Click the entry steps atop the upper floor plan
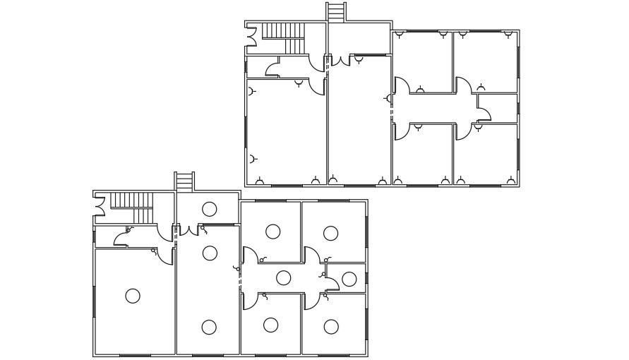(336, 12)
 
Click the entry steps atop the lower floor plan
(184, 181)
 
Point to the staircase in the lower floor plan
(132, 206)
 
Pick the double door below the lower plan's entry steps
(188, 229)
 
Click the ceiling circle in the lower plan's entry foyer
(209, 209)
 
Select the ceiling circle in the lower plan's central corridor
(283, 277)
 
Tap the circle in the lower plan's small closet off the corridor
(349, 279)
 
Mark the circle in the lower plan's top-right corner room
(330, 233)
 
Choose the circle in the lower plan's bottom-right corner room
(330, 326)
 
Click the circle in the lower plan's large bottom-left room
(133, 296)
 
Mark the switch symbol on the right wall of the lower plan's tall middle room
(237, 268)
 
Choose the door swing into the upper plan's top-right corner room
(463, 85)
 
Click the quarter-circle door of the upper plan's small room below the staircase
(272, 68)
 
